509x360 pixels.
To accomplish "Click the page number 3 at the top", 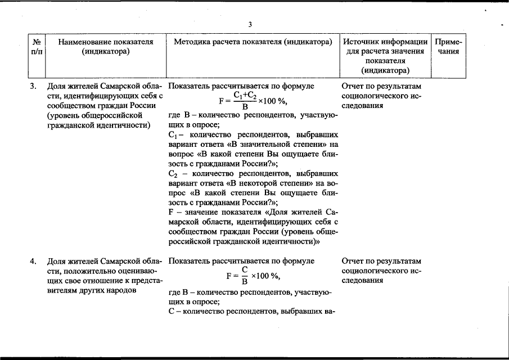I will [250, 24].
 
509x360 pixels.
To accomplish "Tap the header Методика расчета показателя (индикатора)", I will [253, 42].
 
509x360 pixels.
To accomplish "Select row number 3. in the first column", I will [34, 87].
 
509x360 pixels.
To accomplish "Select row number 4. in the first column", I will [34, 261].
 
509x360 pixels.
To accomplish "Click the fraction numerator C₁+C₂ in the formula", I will [245, 95].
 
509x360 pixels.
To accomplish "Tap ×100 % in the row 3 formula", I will [273, 101].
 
